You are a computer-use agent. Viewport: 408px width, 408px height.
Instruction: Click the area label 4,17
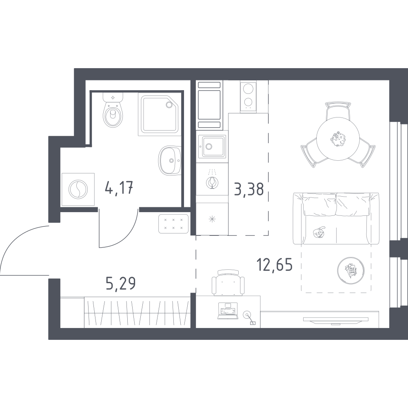tap(119, 188)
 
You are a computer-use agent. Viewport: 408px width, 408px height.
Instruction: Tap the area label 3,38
tap(249, 189)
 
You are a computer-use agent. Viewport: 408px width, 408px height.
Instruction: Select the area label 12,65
tap(275, 264)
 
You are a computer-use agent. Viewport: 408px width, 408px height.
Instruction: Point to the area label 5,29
tap(121, 284)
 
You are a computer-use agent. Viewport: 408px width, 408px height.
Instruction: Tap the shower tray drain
tap(169, 104)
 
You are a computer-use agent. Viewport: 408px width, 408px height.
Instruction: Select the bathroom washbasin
tap(169, 160)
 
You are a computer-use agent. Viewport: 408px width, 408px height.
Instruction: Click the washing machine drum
tap(78, 189)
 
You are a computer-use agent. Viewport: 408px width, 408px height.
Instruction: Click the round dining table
tap(338, 140)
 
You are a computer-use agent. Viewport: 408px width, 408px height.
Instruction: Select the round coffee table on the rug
tap(350, 270)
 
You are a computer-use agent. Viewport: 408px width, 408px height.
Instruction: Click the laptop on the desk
tap(227, 311)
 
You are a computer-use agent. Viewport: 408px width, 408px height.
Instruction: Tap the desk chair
tap(228, 283)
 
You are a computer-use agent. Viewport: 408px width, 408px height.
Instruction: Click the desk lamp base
tap(246, 315)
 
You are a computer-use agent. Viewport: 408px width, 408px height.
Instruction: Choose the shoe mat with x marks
tap(173, 224)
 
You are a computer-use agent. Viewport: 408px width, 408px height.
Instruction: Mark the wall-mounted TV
tap(336, 321)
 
